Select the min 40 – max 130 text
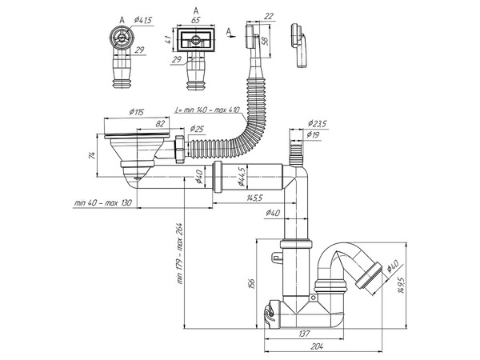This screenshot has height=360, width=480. [102, 203]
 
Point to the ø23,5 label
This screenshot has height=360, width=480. [318, 124]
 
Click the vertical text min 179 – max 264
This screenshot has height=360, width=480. [180, 253]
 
